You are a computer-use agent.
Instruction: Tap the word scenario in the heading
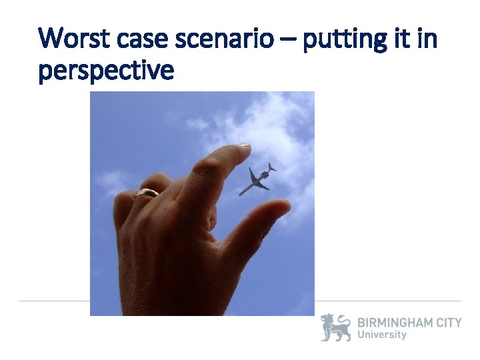pos(224,40)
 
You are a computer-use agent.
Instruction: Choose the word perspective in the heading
pos(106,70)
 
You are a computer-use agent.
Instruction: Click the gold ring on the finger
pos(147,193)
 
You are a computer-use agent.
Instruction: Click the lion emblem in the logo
pos(335,327)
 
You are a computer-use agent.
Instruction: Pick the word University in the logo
pos(382,335)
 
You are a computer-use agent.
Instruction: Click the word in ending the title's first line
pos(426,40)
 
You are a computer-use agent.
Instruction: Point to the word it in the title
pos(399,40)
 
